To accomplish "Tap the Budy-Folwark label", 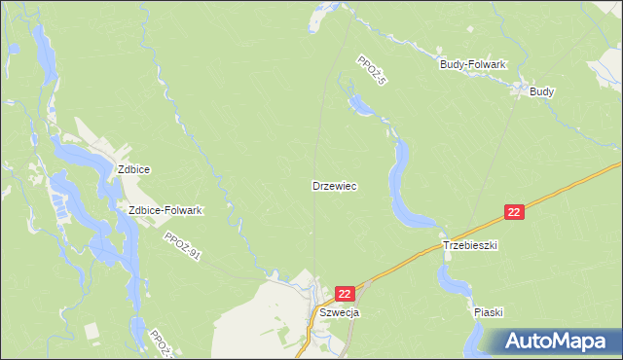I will [473, 64].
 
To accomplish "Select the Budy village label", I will [542, 91].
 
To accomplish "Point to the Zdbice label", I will [133, 169].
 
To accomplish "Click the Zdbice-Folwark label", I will [165, 210].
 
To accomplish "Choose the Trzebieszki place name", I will [470, 246].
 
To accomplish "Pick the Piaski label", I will [489, 312].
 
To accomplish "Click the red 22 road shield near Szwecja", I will [346, 293].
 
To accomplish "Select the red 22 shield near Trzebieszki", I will [516, 211].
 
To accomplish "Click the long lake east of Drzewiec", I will [400, 185].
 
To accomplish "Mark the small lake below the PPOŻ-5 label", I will [359, 103].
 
